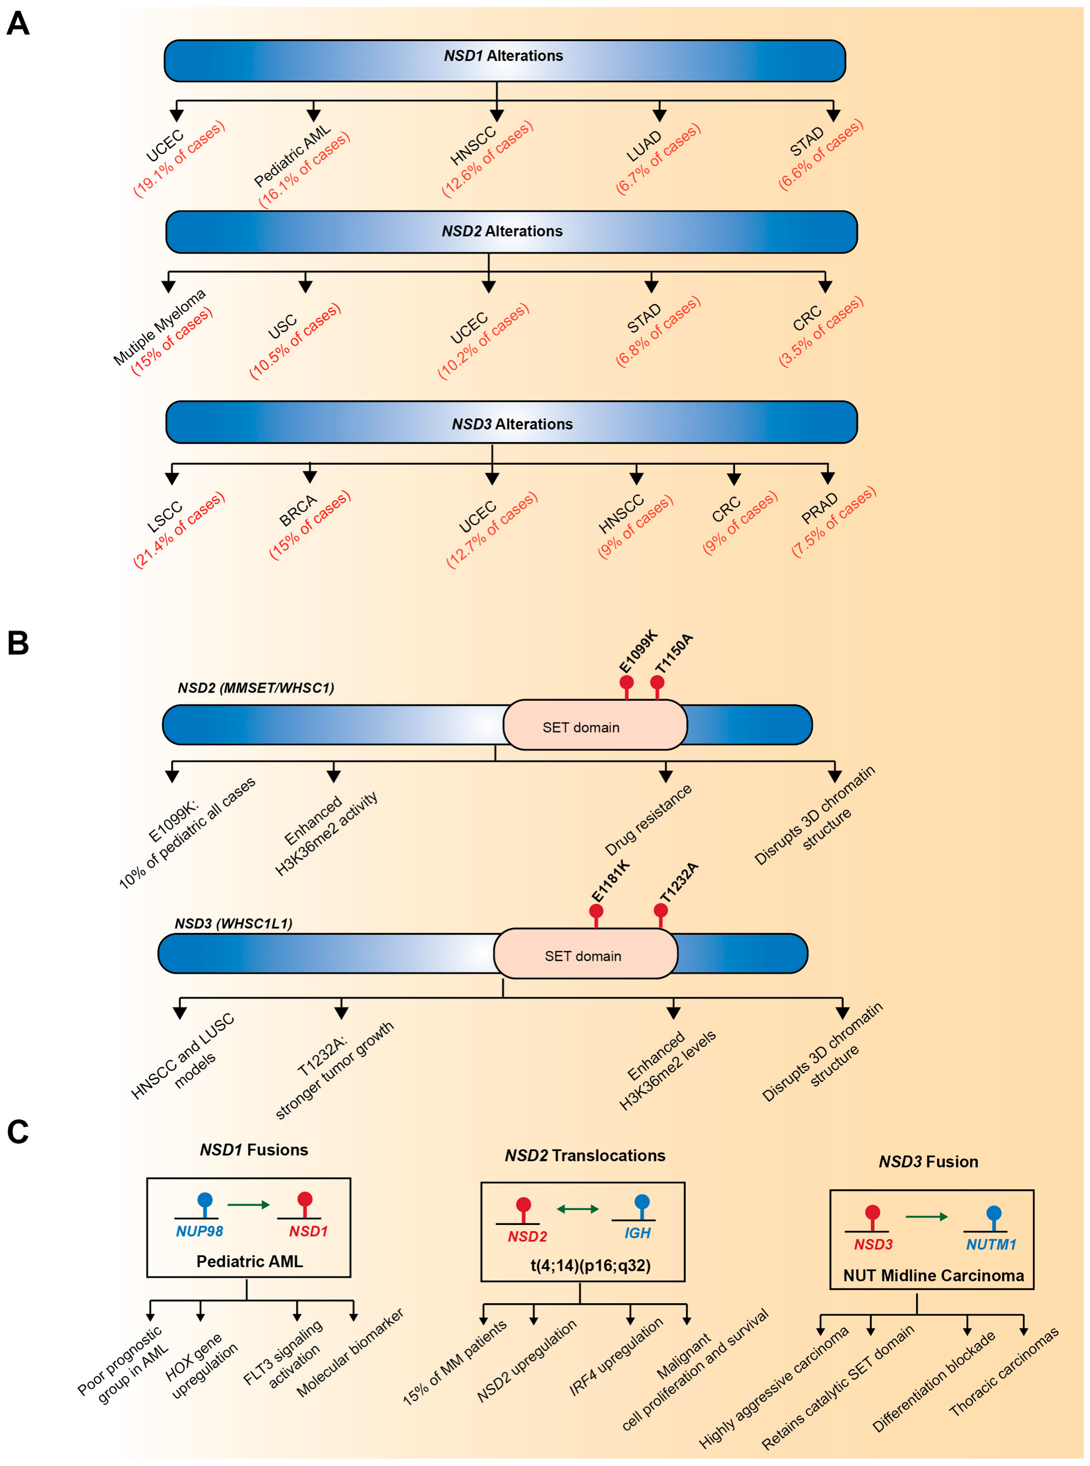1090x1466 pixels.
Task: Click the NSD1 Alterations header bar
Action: click(x=504, y=61)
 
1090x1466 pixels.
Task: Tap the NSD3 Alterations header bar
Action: click(x=511, y=422)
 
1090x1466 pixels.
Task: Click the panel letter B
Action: click(x=18, y=643)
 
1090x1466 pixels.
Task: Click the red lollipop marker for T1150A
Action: click(x=657, y=682)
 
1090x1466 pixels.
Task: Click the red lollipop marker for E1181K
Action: click(x=596, y=911)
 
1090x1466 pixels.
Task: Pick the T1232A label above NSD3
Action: click(x=679, y=883)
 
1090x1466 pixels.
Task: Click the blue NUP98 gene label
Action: click(x=200, y=1231)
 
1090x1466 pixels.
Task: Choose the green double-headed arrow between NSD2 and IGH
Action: click(x=578, y=1209)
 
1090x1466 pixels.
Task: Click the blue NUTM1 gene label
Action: click(x=991, y=1244)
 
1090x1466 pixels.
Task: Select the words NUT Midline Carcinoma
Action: click(x=933, y=1275)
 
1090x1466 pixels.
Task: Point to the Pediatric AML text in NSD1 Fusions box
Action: click(x=249, y=1261)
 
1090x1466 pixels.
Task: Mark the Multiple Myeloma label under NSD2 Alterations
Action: click(x=159, y=327)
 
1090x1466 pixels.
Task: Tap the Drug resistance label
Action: click(x=648, y=819)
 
